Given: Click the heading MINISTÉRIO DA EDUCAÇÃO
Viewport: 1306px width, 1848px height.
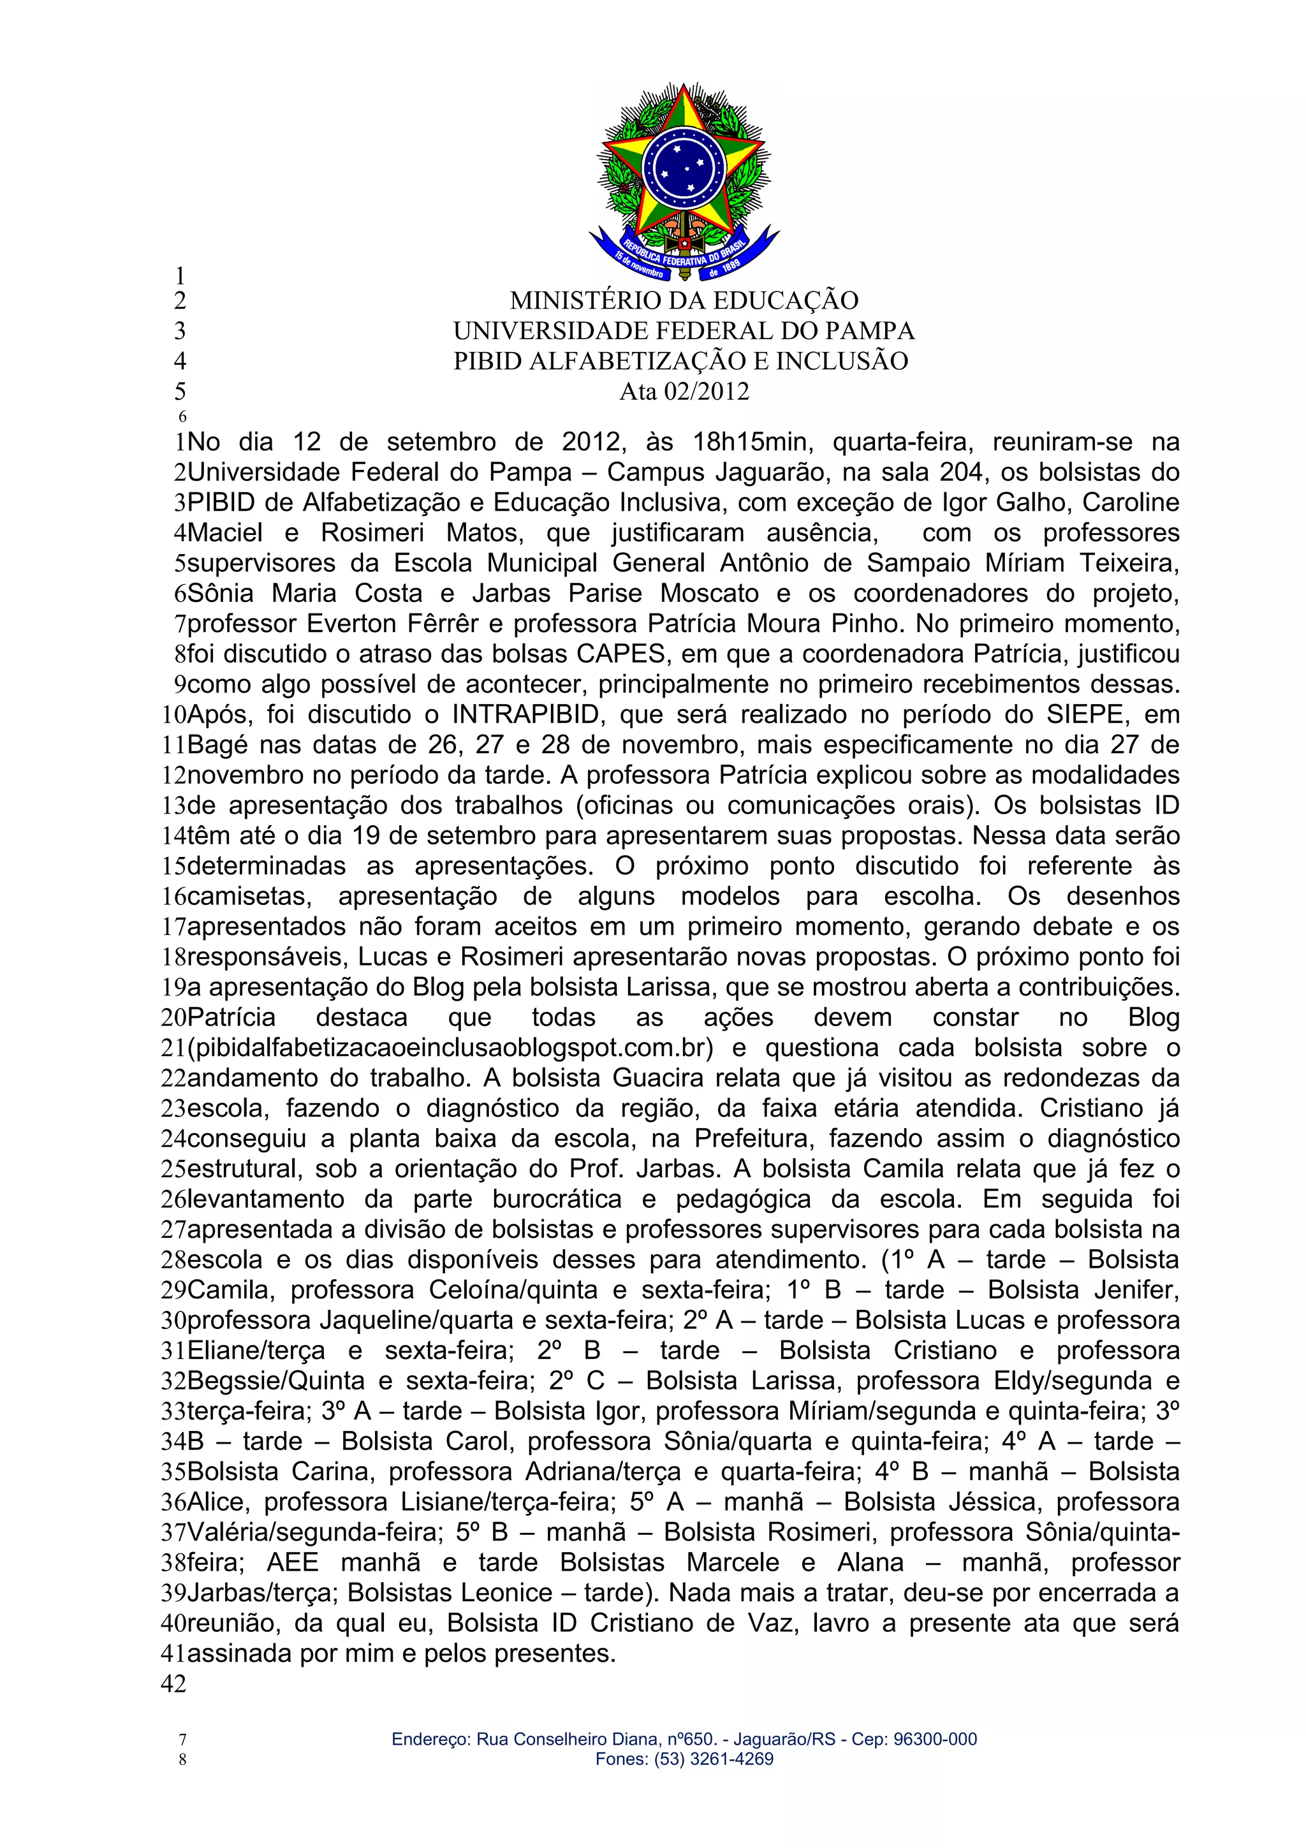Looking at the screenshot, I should pos(684,300).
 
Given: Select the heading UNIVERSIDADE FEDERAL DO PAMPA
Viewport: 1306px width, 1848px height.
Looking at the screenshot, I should pos(684,331).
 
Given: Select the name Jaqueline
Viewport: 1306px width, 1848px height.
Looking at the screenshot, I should pos(369,1321).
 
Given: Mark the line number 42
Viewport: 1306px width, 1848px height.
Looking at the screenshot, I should pos(174,1684).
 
